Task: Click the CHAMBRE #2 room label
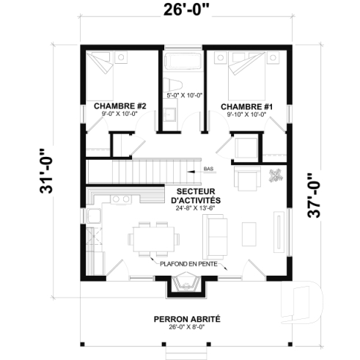[120, 106]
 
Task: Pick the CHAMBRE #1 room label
[246, 106]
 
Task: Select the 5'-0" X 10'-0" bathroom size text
[183, 95]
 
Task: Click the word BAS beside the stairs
[208, 169]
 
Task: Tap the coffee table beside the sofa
[248, 232]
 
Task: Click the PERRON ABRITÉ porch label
[186, 319]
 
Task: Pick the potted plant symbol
[276, 175]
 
